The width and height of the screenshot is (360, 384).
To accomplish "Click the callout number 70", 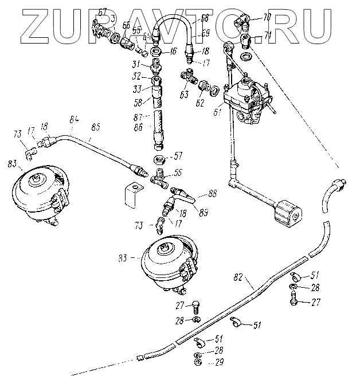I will click(x=267, y=17).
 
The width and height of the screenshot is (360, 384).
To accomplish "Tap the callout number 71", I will click(x=267, y=36).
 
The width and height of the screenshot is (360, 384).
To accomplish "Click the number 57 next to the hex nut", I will click(x=178, y=155).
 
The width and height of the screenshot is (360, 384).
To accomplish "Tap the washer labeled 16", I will click(x=156, y=52).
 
